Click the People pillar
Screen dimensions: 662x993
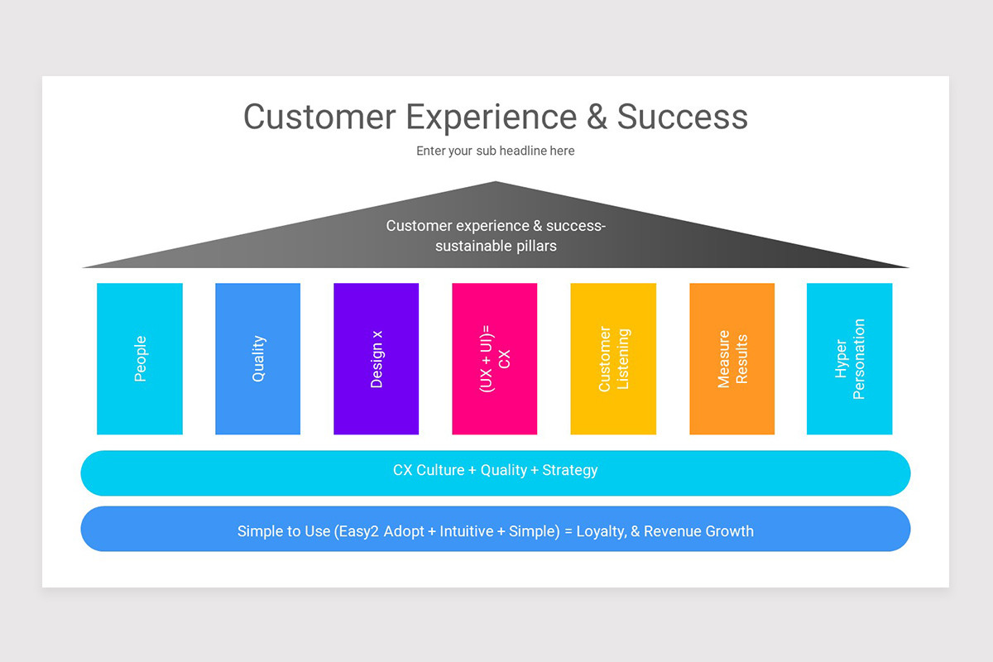click(140, 358)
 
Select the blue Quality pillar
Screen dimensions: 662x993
click(258, 358)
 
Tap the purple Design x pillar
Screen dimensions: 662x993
click(377, 358)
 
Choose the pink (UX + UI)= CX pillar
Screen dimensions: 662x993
click(495, 358)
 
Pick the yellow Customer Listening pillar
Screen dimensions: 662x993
click(613, 358)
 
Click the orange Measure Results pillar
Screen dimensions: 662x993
click(732, 358)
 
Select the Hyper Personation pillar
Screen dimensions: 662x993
click(850, 358)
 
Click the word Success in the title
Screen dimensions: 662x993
click(682, 117)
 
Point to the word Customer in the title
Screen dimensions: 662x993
click(319, 117)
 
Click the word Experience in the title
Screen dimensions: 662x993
click(491, 117)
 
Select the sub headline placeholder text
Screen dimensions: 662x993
click(495, 151)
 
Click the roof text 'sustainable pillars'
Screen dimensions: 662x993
click(496, 246)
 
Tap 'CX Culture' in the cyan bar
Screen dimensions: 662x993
click(428, 470)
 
